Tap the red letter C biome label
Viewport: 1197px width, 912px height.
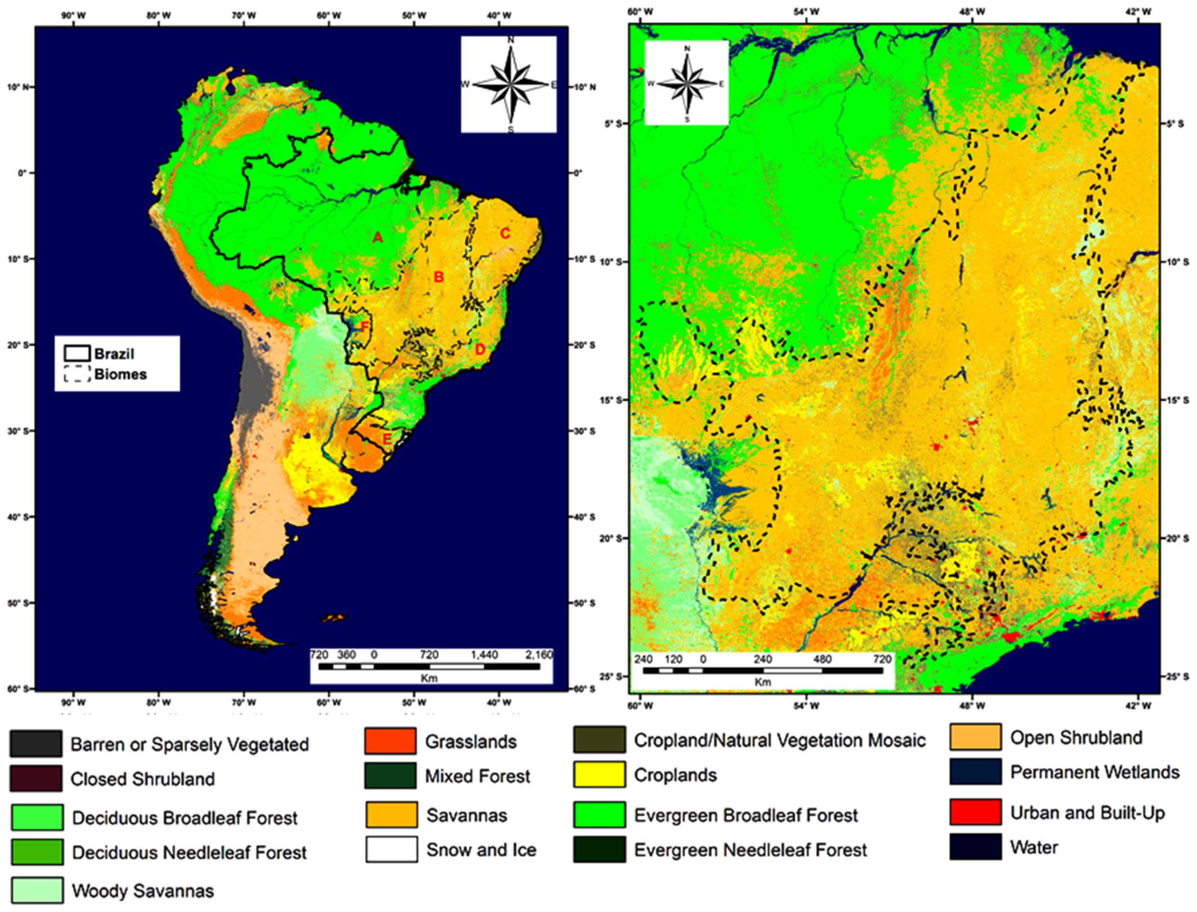505,233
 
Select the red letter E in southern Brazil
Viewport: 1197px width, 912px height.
387,439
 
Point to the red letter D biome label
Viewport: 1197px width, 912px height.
479,350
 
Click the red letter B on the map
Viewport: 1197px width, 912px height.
439,277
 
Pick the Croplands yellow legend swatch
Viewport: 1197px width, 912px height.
599,775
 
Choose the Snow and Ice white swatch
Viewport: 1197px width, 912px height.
392,849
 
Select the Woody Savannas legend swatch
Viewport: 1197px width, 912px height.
36,890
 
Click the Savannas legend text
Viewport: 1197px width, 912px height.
466,816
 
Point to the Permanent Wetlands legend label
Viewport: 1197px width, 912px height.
1094,772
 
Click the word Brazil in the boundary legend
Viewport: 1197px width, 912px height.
114,354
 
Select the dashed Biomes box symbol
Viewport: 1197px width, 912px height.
77,374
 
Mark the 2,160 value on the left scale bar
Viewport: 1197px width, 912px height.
538,655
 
